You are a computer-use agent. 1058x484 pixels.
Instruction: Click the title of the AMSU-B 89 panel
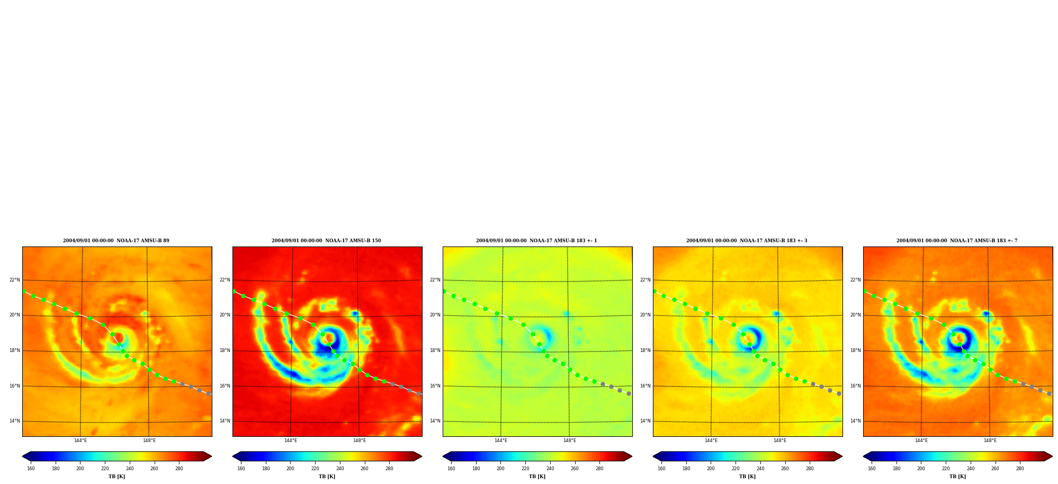[x=116, y=241]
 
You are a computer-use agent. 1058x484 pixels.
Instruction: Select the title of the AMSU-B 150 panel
[x=326, y=241]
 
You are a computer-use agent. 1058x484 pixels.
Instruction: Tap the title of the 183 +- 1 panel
[x=536, y=241]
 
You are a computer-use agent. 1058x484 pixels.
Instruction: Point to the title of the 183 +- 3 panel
[x=747, y=241]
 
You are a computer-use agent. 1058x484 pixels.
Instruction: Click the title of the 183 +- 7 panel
[x=957, y=241]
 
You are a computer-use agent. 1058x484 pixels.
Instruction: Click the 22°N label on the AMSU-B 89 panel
[x=14, y=280]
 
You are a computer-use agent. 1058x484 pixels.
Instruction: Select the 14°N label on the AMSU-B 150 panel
[x=225, y=421]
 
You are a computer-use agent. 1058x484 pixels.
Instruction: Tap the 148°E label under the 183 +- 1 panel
[x=570, y=441]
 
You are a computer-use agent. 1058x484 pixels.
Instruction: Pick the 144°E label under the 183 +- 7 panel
[x=921, y=441]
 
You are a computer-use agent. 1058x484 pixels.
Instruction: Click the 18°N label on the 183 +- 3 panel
[x=645, y=350]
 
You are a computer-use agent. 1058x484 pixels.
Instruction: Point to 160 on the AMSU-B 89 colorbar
[x=31, y=468]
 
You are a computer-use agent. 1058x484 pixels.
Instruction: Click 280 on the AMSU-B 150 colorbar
[x=389, y=468]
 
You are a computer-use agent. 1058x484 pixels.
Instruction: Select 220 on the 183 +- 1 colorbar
[x=525, y=468]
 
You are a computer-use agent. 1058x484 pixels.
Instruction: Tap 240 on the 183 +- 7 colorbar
[x=971, y=468]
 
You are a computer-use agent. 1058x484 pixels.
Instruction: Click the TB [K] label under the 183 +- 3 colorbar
[x=747, y=477]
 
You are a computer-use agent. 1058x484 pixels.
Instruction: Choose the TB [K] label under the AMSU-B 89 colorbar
[x=116, y=477]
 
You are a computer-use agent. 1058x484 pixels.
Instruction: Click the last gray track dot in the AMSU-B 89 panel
[x=208, y=394]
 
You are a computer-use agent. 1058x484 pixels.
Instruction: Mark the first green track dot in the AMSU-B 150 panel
[x=234, y=291]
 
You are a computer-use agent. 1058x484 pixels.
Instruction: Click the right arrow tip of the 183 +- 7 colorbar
[x=1052, y=456]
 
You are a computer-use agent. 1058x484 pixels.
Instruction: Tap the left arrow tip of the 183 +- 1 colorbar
[x=443, y=456]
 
